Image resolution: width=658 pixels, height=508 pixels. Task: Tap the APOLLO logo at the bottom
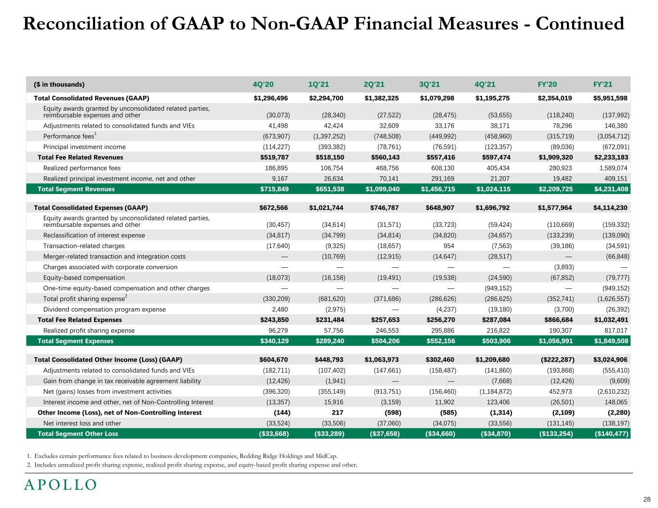(x=60, y=485)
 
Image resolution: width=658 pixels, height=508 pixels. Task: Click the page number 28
(x=646, y=499)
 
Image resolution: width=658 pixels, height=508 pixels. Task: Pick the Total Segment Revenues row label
(x=76, y=189)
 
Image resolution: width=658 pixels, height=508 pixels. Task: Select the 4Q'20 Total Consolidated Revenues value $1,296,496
(x=271, y=98)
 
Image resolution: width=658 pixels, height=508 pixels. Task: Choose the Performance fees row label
(x=69, y=136)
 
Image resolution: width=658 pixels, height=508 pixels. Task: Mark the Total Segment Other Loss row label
(x=78, y=434)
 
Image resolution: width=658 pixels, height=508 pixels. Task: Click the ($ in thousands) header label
(x=59, y=85)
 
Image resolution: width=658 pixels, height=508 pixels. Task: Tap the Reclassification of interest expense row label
(x=94, y=235)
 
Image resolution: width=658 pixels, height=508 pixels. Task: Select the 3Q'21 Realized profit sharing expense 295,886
(x=441, y=331)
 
